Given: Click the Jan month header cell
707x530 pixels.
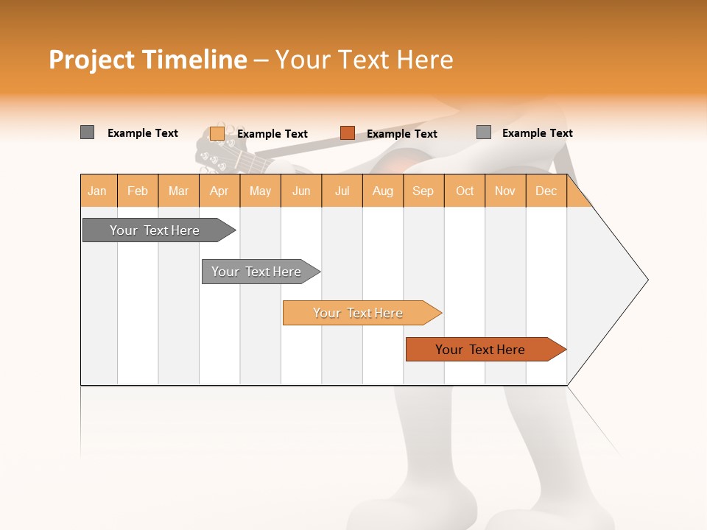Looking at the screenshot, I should click(x=98, y=191).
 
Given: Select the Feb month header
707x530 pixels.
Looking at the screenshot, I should click(x=138, y=191).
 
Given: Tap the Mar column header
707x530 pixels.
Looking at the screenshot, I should click(x=178, y=191).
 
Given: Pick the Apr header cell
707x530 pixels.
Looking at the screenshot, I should click(x=219, y=191).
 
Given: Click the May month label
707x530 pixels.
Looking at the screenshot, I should click(x=260, y=191).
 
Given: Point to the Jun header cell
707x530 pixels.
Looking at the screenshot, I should click(x=301, y=191).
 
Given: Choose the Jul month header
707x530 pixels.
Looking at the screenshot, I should click(x=342, y=191).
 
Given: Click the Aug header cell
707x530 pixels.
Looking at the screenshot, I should click(x=383, y=191).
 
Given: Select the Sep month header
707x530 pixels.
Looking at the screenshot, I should click(x=423, y=191).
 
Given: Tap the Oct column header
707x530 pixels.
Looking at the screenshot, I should click(x=465, y=191).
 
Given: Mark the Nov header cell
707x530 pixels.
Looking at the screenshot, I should click(x=505, y=191).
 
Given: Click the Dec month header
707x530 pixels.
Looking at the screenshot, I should click(x=546, y=191).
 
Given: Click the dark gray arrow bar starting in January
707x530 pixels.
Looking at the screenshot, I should click(x=155, y=230).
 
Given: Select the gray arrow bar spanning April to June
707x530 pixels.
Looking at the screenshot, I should click(x=256, y=272).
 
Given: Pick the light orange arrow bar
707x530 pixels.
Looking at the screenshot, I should click(x=358, y=313).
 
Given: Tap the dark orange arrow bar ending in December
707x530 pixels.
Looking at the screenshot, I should click(x=480, y=350).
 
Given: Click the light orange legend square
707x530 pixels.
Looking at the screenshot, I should click(x=217, y=133).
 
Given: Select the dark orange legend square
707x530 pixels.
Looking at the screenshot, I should click(x=348, y=133).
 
